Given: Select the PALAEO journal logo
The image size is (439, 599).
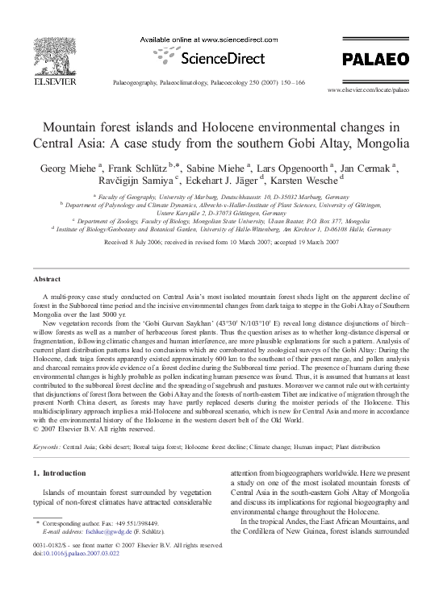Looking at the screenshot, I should coord(370,58).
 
